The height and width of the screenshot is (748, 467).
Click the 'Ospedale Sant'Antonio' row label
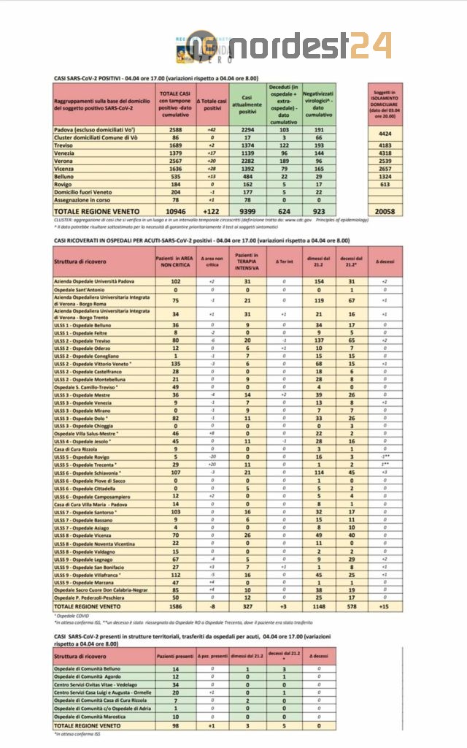pos(82,289)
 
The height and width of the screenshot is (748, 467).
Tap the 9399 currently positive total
pos(248,210)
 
